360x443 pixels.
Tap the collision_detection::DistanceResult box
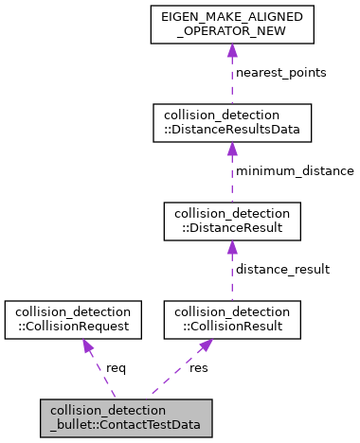(232, 221)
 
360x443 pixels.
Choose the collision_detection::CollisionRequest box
(73, 320)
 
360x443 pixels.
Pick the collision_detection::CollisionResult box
(232, 320)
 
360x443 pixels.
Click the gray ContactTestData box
(125, 418)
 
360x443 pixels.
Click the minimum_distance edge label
(295, 171)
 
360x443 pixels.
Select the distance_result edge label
(283, 270)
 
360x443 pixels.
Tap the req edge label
(116, 367)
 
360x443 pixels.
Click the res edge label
(199, 367)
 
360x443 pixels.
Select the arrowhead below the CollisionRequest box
(87, 348)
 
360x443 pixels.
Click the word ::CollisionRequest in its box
(73, 328)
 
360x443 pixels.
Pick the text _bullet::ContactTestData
(125, 426)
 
